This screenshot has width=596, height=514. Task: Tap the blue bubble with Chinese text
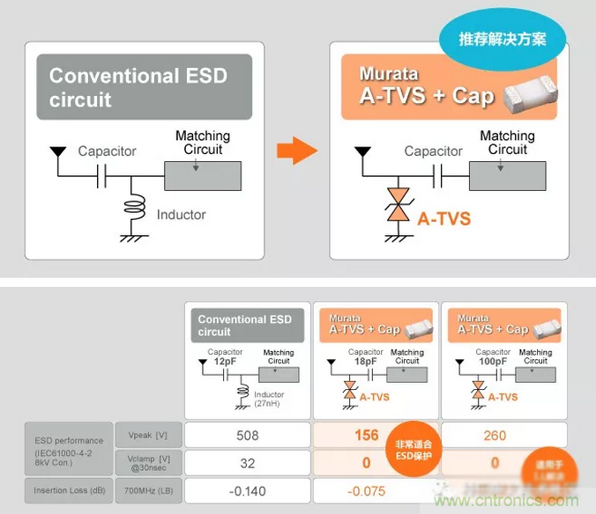502,40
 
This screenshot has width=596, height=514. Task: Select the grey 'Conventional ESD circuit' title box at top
144,87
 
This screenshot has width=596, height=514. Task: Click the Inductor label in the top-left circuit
181,215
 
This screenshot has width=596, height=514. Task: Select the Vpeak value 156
365,435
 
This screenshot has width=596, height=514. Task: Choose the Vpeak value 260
495,435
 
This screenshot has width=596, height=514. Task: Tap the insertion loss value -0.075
365,491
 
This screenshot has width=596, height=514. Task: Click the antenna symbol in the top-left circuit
57,153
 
